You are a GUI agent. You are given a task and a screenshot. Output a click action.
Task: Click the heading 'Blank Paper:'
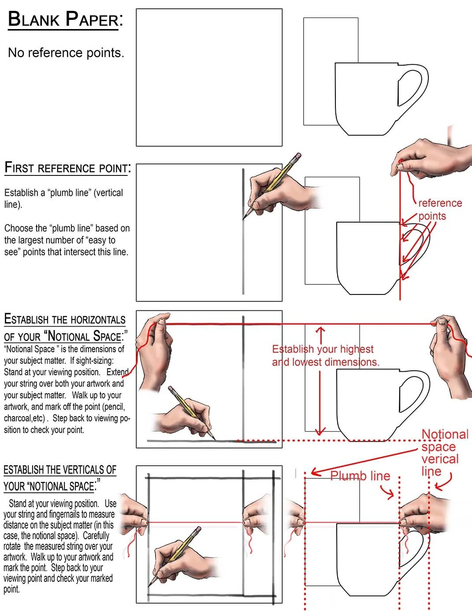(65, 20)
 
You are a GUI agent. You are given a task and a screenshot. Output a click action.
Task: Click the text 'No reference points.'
(66, 53)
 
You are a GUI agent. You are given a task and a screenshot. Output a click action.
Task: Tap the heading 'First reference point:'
(67, 168)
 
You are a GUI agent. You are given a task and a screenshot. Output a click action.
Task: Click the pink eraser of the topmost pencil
(297, 156)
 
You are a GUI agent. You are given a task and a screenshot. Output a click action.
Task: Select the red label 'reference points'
(439, 209)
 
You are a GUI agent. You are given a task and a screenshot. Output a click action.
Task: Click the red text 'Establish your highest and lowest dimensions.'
(325, 356)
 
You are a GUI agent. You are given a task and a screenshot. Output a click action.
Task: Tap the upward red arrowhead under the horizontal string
(321, 330)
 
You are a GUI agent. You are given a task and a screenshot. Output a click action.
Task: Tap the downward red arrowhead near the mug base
(321, 431)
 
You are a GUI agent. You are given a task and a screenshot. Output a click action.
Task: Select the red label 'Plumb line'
(360, 476)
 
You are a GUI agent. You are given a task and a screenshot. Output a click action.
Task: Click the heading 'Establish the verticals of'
(60, 470)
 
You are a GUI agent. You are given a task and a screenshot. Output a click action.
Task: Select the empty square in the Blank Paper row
(209, 78)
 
